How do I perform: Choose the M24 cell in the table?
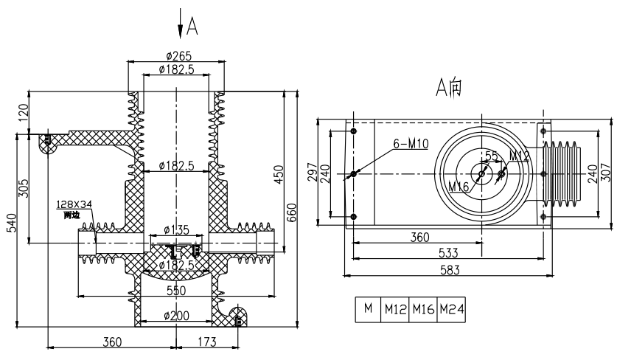click(x=451, y=309)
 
